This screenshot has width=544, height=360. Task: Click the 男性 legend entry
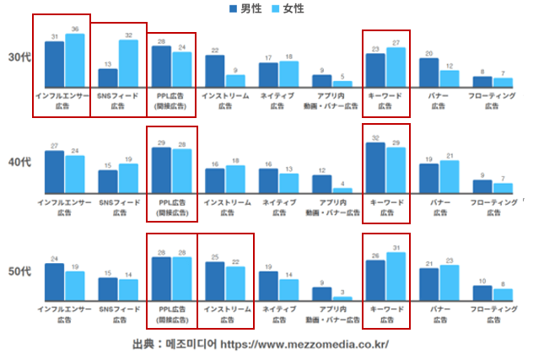pos(245,8)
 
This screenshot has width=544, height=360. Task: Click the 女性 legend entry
pos(287,8)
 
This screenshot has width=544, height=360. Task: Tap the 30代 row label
pos(19,57)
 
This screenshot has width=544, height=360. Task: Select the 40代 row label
pos(19,161)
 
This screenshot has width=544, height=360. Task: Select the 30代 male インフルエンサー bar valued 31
pos(55,64)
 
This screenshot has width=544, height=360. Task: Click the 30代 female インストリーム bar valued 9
pos(235,81)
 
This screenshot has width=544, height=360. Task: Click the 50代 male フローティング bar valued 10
pos(482,293)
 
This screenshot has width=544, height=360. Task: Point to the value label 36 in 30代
pos(75,30)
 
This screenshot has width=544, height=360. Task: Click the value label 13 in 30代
pos(108,64)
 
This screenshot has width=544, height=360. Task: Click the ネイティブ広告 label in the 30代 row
pos(278,101)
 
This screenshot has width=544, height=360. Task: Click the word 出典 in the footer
pos(144,345)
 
